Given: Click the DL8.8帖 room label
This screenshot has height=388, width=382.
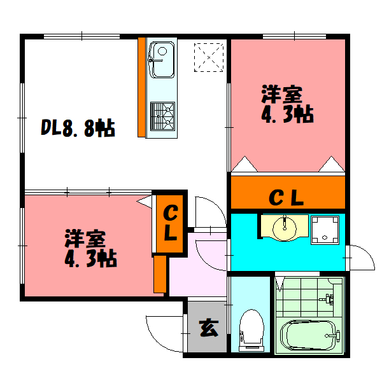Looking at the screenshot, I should click(x=78, y=129).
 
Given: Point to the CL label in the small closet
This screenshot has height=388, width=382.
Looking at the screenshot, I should click(x=169, y=223).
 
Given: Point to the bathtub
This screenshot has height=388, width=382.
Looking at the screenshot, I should click(x=308, y=335).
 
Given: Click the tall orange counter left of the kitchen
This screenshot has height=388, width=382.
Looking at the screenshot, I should click(x=141, y=87).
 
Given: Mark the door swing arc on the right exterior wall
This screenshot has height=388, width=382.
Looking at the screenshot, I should click(x=358, y=257).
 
